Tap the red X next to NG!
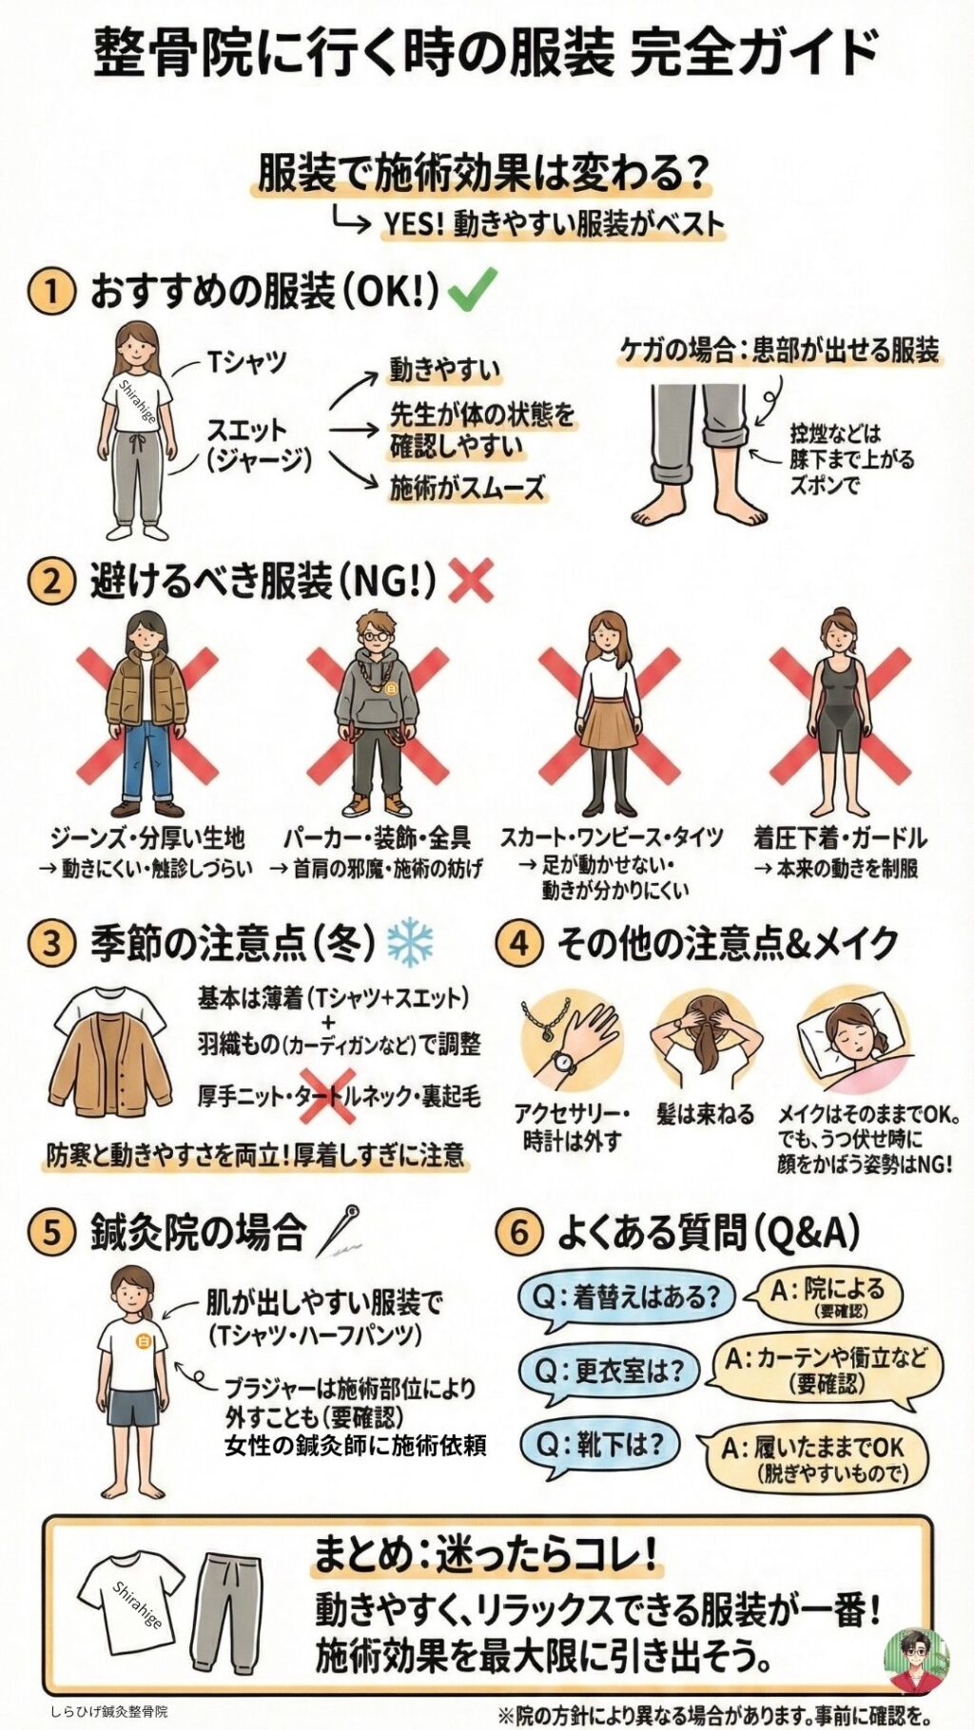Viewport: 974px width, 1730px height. tap(470, 580)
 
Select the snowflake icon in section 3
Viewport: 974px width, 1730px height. tap(410, 943)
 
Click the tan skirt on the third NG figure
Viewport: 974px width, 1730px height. tap(608, 722)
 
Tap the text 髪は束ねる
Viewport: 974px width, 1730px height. tap(705, 1114)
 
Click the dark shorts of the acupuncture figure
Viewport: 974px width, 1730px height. tap(134, 1410)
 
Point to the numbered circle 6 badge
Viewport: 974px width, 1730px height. tap(519, 1232)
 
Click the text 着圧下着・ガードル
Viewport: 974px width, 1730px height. tap(840, 837)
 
